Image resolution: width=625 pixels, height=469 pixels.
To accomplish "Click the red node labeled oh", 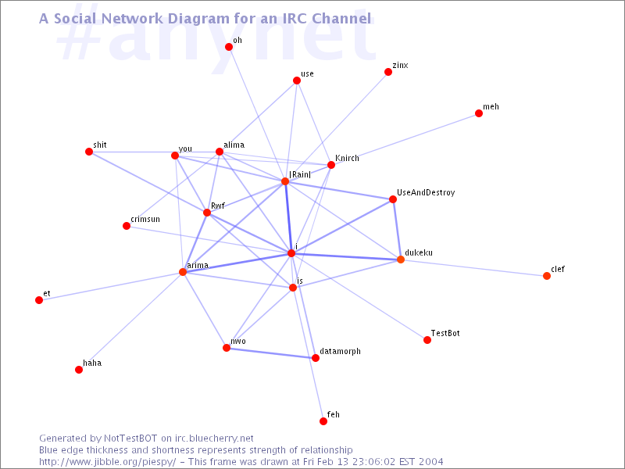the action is point(229,47).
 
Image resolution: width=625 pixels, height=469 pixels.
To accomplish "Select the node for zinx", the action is point(388,72).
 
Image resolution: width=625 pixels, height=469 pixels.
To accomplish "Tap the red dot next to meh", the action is point(479,113).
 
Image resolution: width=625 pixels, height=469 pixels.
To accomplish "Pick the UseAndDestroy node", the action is point(393,199).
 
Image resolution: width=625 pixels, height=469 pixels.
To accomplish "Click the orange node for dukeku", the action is point(401,260).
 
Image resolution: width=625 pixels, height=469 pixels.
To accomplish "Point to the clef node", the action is point(547,276).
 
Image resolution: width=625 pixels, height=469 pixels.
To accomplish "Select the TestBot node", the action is point(427,340).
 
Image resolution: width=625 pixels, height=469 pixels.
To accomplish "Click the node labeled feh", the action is point(323,421).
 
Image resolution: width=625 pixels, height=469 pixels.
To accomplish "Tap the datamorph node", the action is point(316,358).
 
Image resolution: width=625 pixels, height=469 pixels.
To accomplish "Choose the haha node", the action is point(79,370).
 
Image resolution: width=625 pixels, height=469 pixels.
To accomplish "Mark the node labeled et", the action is point(39,300).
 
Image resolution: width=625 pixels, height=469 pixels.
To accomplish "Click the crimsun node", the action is point(127,226).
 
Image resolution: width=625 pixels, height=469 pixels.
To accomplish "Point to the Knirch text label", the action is point(347,159).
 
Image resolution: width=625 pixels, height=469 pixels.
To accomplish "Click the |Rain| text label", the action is point(300,174).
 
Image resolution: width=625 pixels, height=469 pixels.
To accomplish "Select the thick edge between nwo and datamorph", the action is point(271,353).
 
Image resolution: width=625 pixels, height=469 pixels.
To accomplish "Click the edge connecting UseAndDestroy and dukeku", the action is point(397,229).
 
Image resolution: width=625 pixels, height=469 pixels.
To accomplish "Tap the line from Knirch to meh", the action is point(405,139).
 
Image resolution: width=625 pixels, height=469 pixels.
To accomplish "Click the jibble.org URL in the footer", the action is point(108,462).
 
